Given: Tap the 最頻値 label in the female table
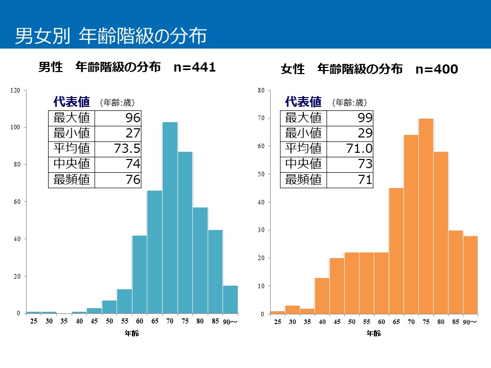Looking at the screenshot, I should point(303,179).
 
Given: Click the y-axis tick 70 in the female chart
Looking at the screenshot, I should point(260,118).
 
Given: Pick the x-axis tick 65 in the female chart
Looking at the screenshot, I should point(396,322).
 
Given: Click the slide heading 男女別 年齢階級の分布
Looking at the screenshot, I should point(110,36).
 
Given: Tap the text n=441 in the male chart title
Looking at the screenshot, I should point(194,67).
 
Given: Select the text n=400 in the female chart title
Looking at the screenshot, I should point(436,69).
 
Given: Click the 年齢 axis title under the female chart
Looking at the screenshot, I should point(373,334).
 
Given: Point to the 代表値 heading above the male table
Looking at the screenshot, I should point(72,102).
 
